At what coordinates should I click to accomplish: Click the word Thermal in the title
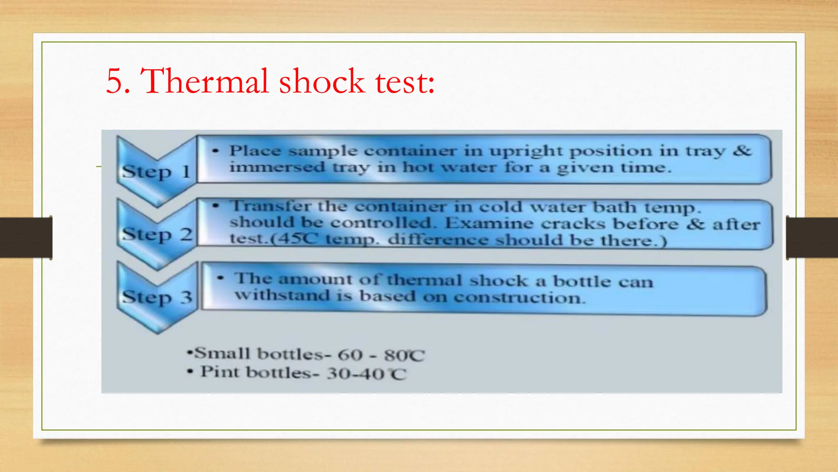coord(204,81)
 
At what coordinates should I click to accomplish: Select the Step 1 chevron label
coord(157,172)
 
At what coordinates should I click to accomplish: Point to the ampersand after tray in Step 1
coord(742,150)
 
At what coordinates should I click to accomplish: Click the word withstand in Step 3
coord(282,295)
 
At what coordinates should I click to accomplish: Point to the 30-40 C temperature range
coord(366,374)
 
